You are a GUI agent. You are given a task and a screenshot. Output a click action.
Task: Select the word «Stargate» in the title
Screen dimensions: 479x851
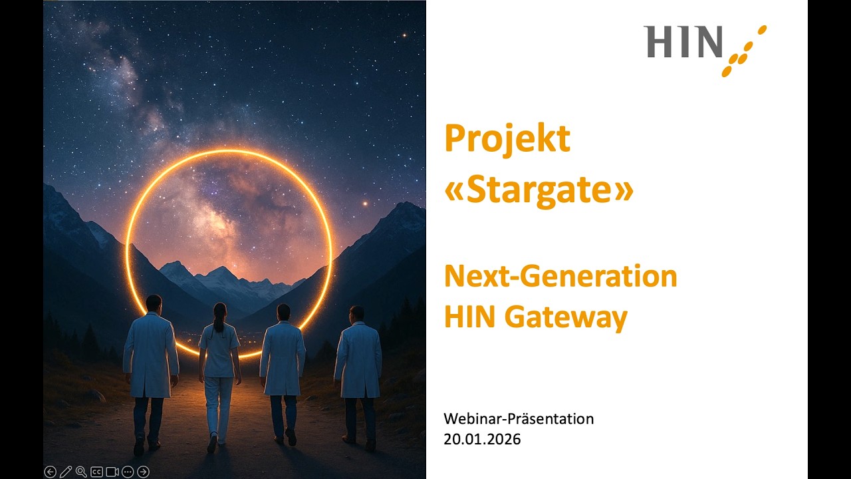[x=539, y=190]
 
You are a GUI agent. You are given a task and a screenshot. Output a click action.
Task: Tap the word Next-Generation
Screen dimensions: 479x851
[x=560, y=276]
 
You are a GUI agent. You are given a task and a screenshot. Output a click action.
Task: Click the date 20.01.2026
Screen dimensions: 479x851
[x=482, y=439]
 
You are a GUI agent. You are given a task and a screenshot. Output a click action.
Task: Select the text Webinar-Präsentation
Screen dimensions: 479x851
[x=519, y=419]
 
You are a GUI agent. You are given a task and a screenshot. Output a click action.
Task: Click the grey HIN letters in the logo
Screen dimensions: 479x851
[x=683, y=42]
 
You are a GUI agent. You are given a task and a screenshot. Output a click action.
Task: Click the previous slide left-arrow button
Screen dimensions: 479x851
[x=50, y=472]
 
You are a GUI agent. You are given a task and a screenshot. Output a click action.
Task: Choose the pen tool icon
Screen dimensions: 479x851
[x=65, y=472]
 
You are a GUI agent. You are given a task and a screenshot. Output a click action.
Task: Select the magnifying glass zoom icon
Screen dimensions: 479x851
[x=81, y=472]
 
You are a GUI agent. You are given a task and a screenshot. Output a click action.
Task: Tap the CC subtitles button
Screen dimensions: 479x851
[x=96, y=472]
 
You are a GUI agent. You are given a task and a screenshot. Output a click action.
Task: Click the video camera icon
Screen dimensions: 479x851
[x=112, y=472]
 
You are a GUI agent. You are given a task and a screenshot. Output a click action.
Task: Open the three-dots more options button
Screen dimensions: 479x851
[x=128, y=472]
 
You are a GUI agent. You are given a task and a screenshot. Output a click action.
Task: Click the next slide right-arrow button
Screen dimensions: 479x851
[x=143, y=472]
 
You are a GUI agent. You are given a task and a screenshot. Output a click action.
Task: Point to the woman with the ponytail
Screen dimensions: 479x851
[x=219, y=359]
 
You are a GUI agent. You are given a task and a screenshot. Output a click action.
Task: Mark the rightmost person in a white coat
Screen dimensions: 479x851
[x=358, y=359]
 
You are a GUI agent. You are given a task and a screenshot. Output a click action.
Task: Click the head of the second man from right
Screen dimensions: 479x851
[x=283, y=312]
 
